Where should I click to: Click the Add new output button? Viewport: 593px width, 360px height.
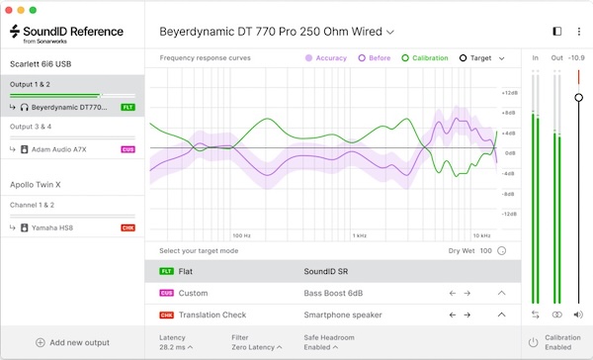[72, 342]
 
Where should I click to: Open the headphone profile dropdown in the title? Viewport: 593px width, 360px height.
[277, 32]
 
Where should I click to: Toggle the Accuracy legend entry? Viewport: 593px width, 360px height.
[325, 58]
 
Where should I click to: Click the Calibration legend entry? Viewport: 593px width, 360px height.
[424, 58]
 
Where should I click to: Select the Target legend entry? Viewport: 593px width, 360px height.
[475, 58]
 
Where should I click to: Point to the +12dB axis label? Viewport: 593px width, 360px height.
[509, 92]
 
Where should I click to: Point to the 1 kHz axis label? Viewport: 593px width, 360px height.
[360, 235]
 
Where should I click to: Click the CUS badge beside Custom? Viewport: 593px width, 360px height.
[165, 293]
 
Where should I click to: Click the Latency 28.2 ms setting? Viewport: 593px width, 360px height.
[176, 342]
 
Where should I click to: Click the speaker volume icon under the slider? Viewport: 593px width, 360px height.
[578, 315]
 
